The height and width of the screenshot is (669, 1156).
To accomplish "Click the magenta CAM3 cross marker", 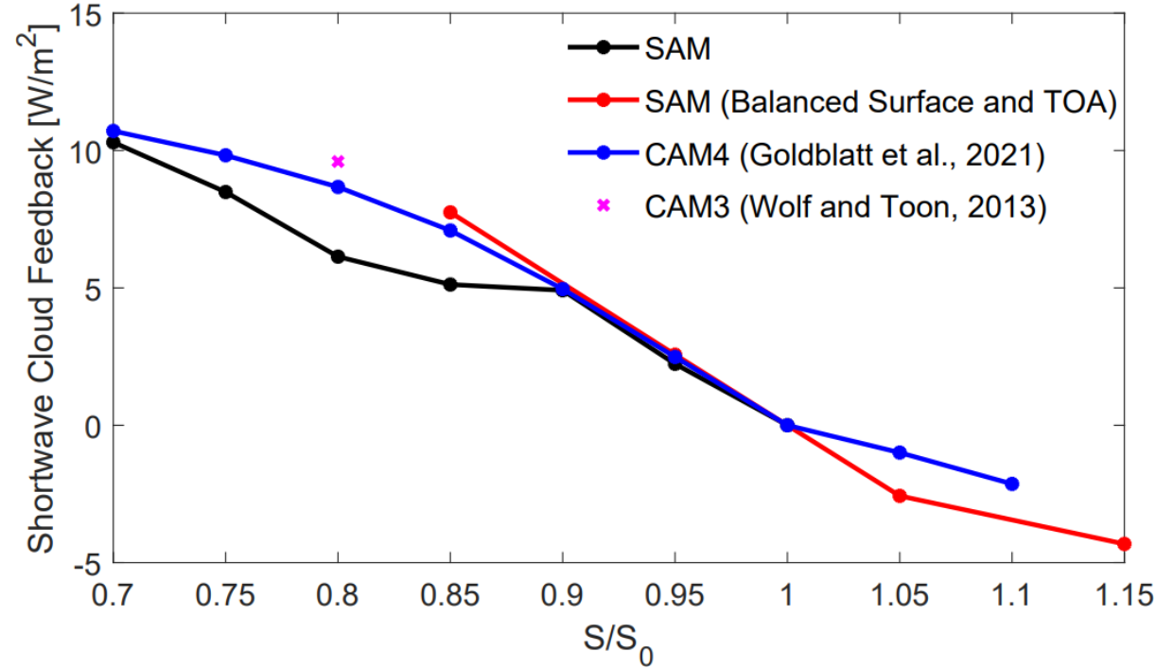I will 338,161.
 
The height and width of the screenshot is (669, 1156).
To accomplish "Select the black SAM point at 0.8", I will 338,256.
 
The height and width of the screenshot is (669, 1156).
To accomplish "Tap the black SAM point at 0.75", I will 225,191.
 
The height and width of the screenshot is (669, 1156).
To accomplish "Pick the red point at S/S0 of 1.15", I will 1124,543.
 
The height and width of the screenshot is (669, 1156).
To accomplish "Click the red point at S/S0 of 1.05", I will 900,496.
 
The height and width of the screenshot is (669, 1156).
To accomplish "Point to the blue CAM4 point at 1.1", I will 1012,484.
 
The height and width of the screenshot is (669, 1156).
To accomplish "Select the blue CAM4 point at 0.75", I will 225,155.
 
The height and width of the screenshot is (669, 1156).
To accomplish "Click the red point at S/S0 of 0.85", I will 450,212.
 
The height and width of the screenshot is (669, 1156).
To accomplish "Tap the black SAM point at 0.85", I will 450,284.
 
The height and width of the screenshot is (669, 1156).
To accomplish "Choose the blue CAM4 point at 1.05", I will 900,452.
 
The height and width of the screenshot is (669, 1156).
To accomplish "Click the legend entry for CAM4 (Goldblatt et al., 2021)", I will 844,154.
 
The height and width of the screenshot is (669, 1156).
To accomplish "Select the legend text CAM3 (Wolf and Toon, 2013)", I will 845,206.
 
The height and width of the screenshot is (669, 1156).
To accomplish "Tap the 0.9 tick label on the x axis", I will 563,596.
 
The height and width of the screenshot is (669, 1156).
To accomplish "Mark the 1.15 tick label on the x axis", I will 1122,596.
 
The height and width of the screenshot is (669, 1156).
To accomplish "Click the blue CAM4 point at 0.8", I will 338,186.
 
